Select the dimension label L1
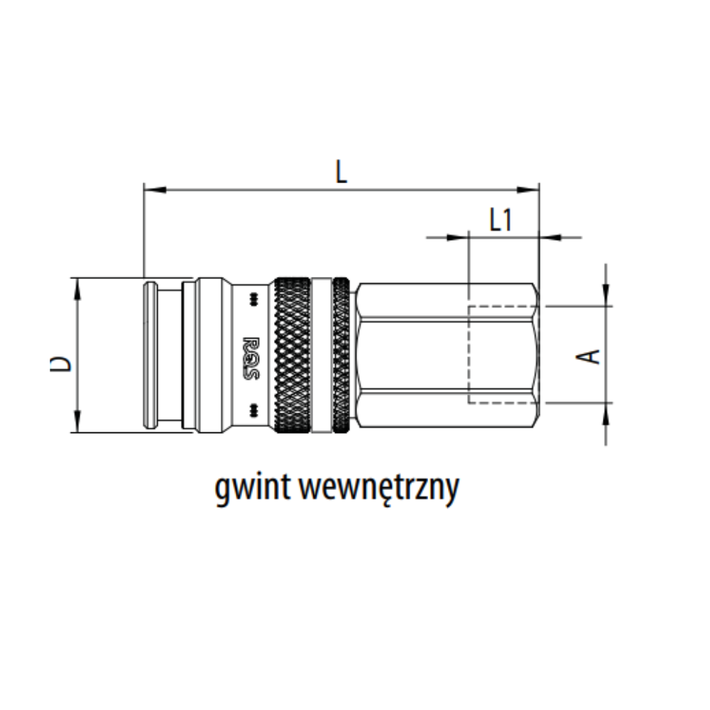click(501, 221)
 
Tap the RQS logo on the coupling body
click(251, 354)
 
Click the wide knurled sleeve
click(292, 354)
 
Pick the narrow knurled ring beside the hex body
click(342, 354)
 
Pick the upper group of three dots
click(251, 299)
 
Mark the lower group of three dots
click(251, 410)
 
